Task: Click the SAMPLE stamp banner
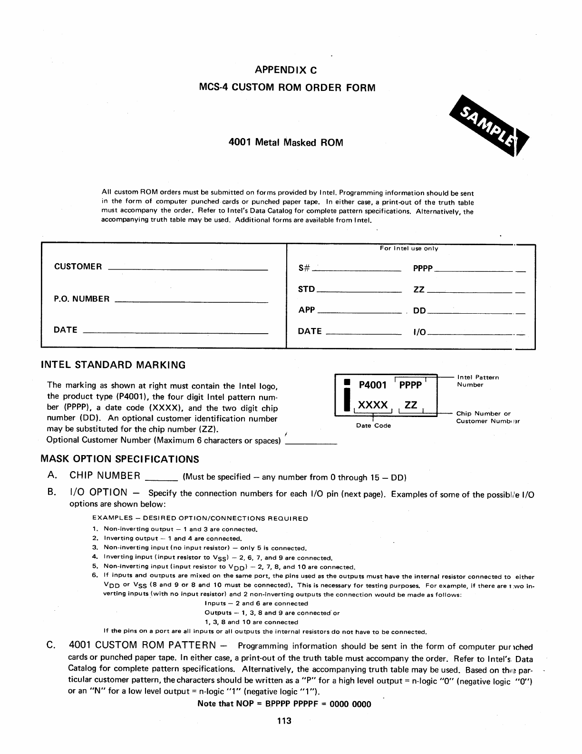point(489,128)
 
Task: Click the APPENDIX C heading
point(286,70)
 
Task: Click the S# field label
point(304,268)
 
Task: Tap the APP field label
point(307,310)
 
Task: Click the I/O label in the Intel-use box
point(420,332)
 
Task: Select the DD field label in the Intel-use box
point(419,311)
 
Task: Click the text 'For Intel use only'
point(409,248)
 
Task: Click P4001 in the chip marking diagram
point(373,385)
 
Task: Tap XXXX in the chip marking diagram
point(373,405)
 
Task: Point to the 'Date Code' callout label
point(373,426)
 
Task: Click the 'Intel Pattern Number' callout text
point(477,381)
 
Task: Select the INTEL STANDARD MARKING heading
point(113,365)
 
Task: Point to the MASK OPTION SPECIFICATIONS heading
point(120,459)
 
